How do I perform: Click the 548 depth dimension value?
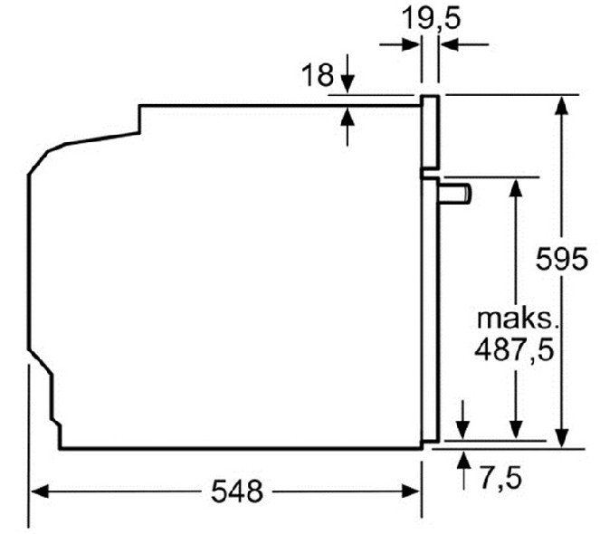pyautogui.click(x=236, y=491)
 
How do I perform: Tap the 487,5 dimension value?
pyautogui.click(x=514, y=349)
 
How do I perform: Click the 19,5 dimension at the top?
pyautogui.click(x=431, y=18)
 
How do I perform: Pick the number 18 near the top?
pyautogui.click(x=318, y=74)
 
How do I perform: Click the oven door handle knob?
pyautogui.click(x=456, y=192)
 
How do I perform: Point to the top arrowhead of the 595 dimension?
pyautogui.click(x=562, y=105)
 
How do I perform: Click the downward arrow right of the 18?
pyautogui.click(x=349, y=82)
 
